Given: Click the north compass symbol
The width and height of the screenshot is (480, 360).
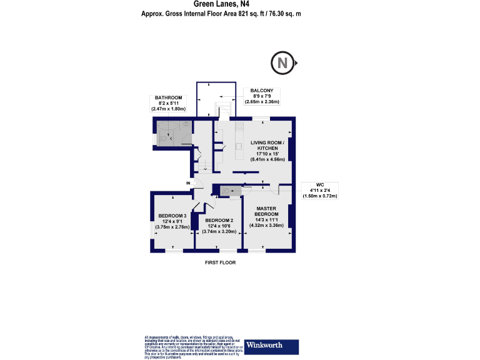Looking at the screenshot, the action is pyautogui.click(x=282, y=63).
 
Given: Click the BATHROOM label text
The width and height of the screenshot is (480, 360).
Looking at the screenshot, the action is pyautogui.click(x=169, y=97).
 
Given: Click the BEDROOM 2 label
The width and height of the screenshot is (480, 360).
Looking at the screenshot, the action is pyautogui.click(x=219, y=220).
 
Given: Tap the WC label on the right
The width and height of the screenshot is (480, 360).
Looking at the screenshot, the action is pyautogui.click(x=319, y=184).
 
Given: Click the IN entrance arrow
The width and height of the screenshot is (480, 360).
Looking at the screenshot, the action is pyautogui.click(x=189, y=182).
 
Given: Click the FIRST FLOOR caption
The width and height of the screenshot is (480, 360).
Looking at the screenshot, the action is pyautogui.click(x=220, y=263).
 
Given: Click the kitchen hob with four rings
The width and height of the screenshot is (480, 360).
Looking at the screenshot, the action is pyautogui.click(x=239, y=129).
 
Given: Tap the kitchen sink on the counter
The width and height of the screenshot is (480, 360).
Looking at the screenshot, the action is pyautogui.click(x=238, y=147).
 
